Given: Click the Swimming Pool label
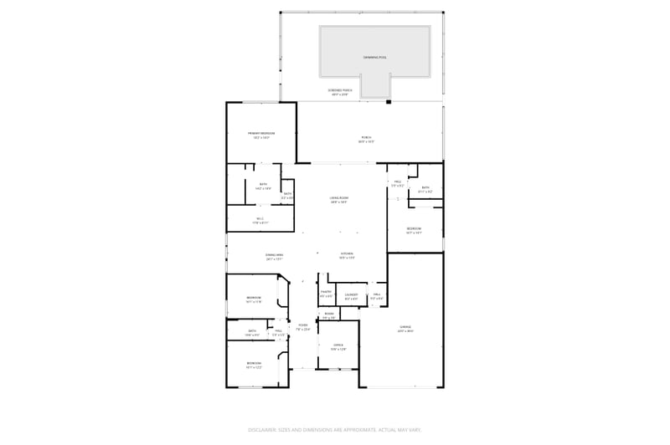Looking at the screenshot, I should coord(374,57).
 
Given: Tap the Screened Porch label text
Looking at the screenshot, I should coord(339,92).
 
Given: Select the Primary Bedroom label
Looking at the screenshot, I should coord(261,135).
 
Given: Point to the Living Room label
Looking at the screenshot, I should coord(339,199).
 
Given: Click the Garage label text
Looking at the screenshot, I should coord(405,329).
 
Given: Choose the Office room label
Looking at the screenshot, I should coord(338,346).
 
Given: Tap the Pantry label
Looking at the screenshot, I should coord(327,294).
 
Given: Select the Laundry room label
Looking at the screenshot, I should coord(352,295).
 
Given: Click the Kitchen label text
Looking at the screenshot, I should coord(347,255).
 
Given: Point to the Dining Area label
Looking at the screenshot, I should coord(274,256).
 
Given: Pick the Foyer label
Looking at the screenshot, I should coord(303,327).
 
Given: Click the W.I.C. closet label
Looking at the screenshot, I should coord(260,221).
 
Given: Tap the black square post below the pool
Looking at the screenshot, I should coord(388,102).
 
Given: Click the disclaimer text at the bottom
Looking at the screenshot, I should coord(335,429).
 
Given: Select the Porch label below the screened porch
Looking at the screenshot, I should coord(366,139).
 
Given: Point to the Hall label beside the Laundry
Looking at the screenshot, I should coord(377,295).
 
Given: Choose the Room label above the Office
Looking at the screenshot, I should coord(329,315).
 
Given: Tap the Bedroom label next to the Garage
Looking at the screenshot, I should coord(414,230).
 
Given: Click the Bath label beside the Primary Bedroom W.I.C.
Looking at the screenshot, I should coord(287,196).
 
